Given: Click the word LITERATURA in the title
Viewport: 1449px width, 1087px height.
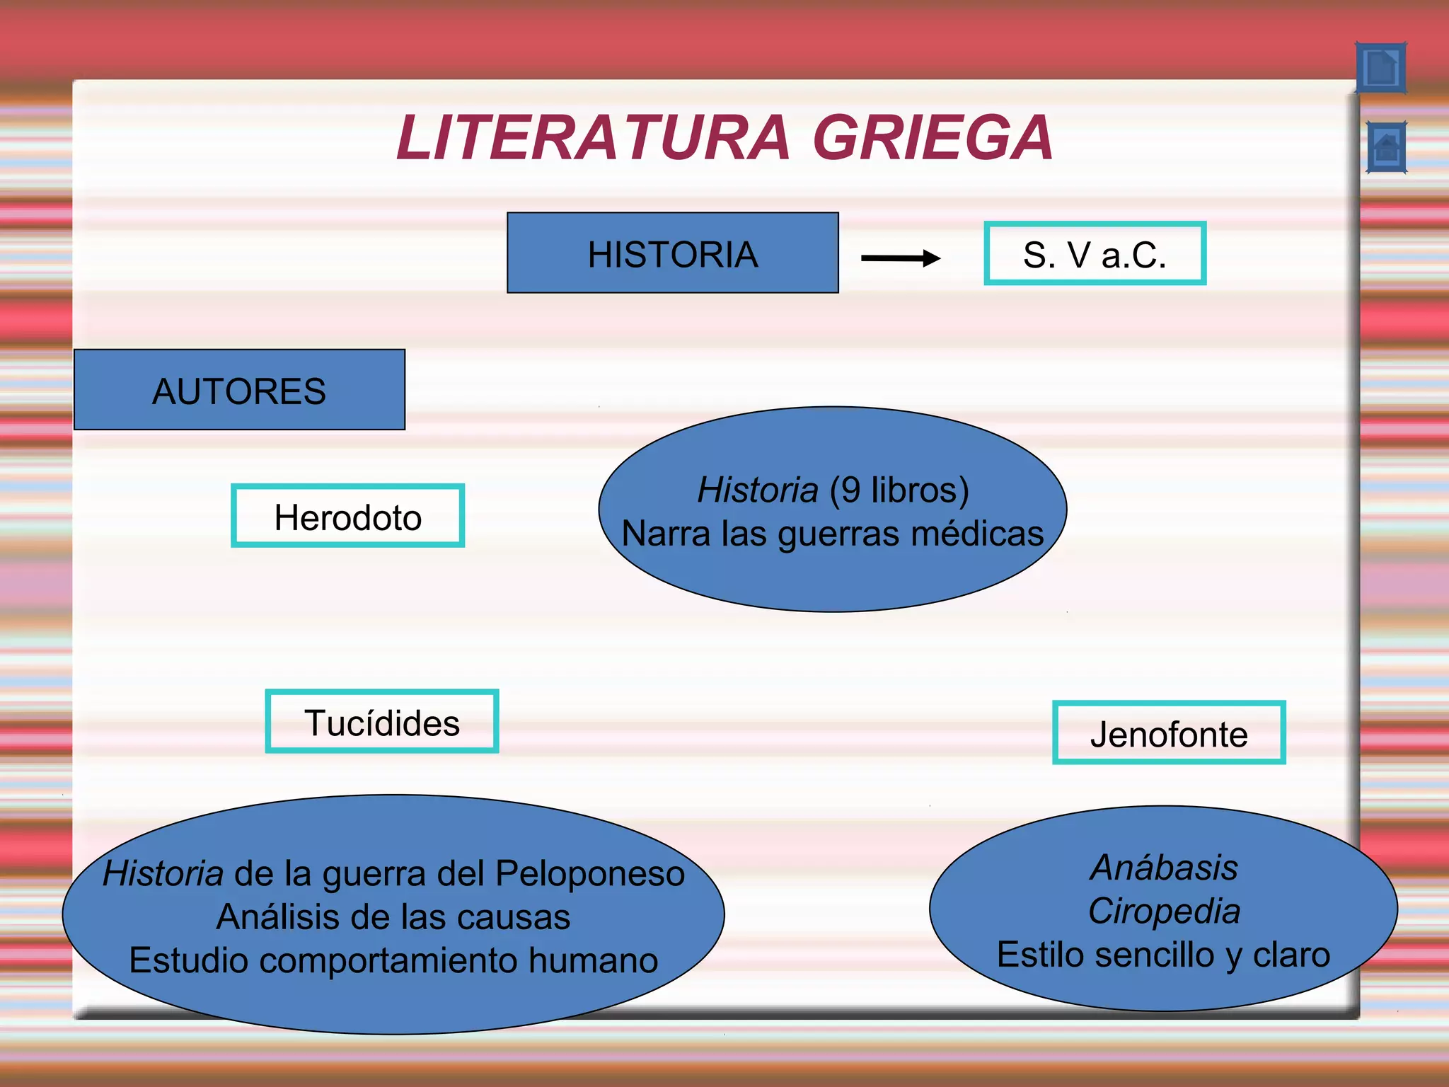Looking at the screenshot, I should click(593, 138).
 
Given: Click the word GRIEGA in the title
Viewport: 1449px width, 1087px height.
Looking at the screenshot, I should click(933, 138).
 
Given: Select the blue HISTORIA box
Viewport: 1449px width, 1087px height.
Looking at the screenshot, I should click(672, 253).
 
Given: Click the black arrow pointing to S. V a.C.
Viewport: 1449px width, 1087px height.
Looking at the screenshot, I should click(900, 258).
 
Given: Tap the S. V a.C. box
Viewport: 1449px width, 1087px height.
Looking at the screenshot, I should click(1095, 254).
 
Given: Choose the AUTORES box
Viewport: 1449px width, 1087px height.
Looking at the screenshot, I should click(239, 390).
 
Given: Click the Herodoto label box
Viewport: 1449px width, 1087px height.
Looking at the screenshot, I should click(347, 517).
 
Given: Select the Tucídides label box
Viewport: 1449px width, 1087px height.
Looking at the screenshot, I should click(382, 722).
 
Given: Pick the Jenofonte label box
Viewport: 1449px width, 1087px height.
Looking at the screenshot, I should click(1169, 733).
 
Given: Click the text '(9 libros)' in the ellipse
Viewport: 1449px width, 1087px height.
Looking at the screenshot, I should click(899, 490).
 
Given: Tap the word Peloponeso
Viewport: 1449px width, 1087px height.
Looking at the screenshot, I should click(590, 873).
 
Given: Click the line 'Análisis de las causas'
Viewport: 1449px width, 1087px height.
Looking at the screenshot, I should click(393, 917).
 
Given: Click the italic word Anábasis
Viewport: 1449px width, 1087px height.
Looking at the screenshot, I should click(1164, 868).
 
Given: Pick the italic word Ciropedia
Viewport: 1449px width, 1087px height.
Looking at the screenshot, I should click(1164, 911).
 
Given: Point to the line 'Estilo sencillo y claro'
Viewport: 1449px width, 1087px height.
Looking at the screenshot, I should click(1163, 955).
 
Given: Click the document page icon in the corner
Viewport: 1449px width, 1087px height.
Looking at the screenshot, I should click(1380, 68).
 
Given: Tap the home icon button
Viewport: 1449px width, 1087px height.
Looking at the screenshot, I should click(1386, 148).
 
